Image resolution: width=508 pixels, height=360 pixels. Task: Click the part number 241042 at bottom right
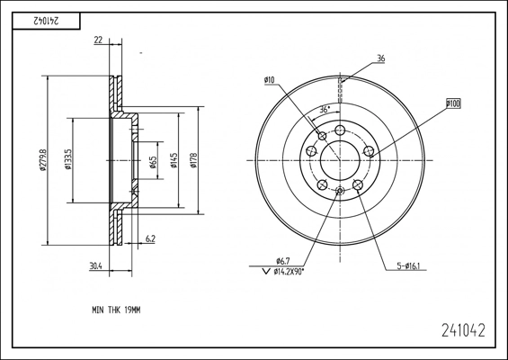464,330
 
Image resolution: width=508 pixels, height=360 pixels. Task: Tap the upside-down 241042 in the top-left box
47,21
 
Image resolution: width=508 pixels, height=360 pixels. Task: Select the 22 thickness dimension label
98,40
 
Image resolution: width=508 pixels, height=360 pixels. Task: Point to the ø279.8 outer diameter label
42,160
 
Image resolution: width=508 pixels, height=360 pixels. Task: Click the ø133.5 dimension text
67,159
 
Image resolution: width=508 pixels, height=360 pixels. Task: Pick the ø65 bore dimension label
154,163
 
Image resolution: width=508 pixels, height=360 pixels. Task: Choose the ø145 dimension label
174,160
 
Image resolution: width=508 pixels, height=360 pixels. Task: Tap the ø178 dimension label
193,160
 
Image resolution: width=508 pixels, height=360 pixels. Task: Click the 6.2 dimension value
150,239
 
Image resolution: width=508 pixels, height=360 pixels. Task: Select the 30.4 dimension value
95,265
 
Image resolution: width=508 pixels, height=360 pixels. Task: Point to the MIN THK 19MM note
116,310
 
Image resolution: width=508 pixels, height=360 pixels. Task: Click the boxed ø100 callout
453,103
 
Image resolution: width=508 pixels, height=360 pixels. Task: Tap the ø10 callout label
269,80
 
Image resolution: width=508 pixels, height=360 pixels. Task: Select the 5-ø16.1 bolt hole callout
408,266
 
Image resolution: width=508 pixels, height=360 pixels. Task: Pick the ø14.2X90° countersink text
289,272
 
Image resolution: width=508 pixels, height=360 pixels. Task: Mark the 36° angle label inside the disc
325,109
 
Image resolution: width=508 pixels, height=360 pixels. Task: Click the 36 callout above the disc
381,58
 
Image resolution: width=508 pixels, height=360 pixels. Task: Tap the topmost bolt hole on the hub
340,130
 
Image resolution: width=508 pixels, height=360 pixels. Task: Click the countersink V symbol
266,272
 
